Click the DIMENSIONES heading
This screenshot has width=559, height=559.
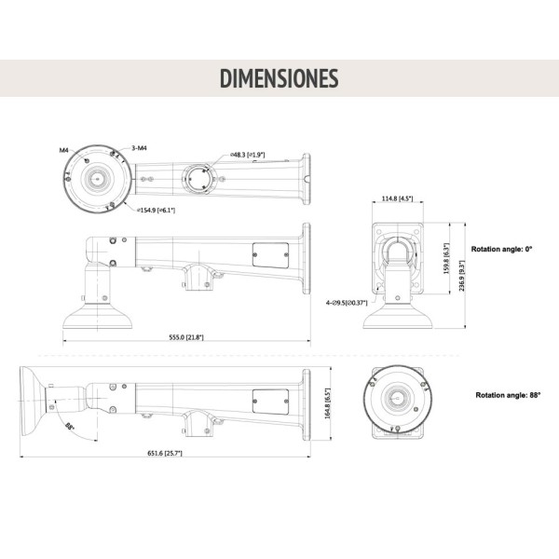279,79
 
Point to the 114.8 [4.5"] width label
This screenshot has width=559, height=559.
397,198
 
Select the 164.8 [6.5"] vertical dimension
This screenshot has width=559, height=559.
325,403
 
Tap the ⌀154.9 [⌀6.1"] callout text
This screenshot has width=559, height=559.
156,211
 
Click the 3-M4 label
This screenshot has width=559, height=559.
137,147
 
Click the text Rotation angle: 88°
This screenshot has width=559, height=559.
508,395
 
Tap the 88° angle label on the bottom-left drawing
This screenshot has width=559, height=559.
70,426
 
